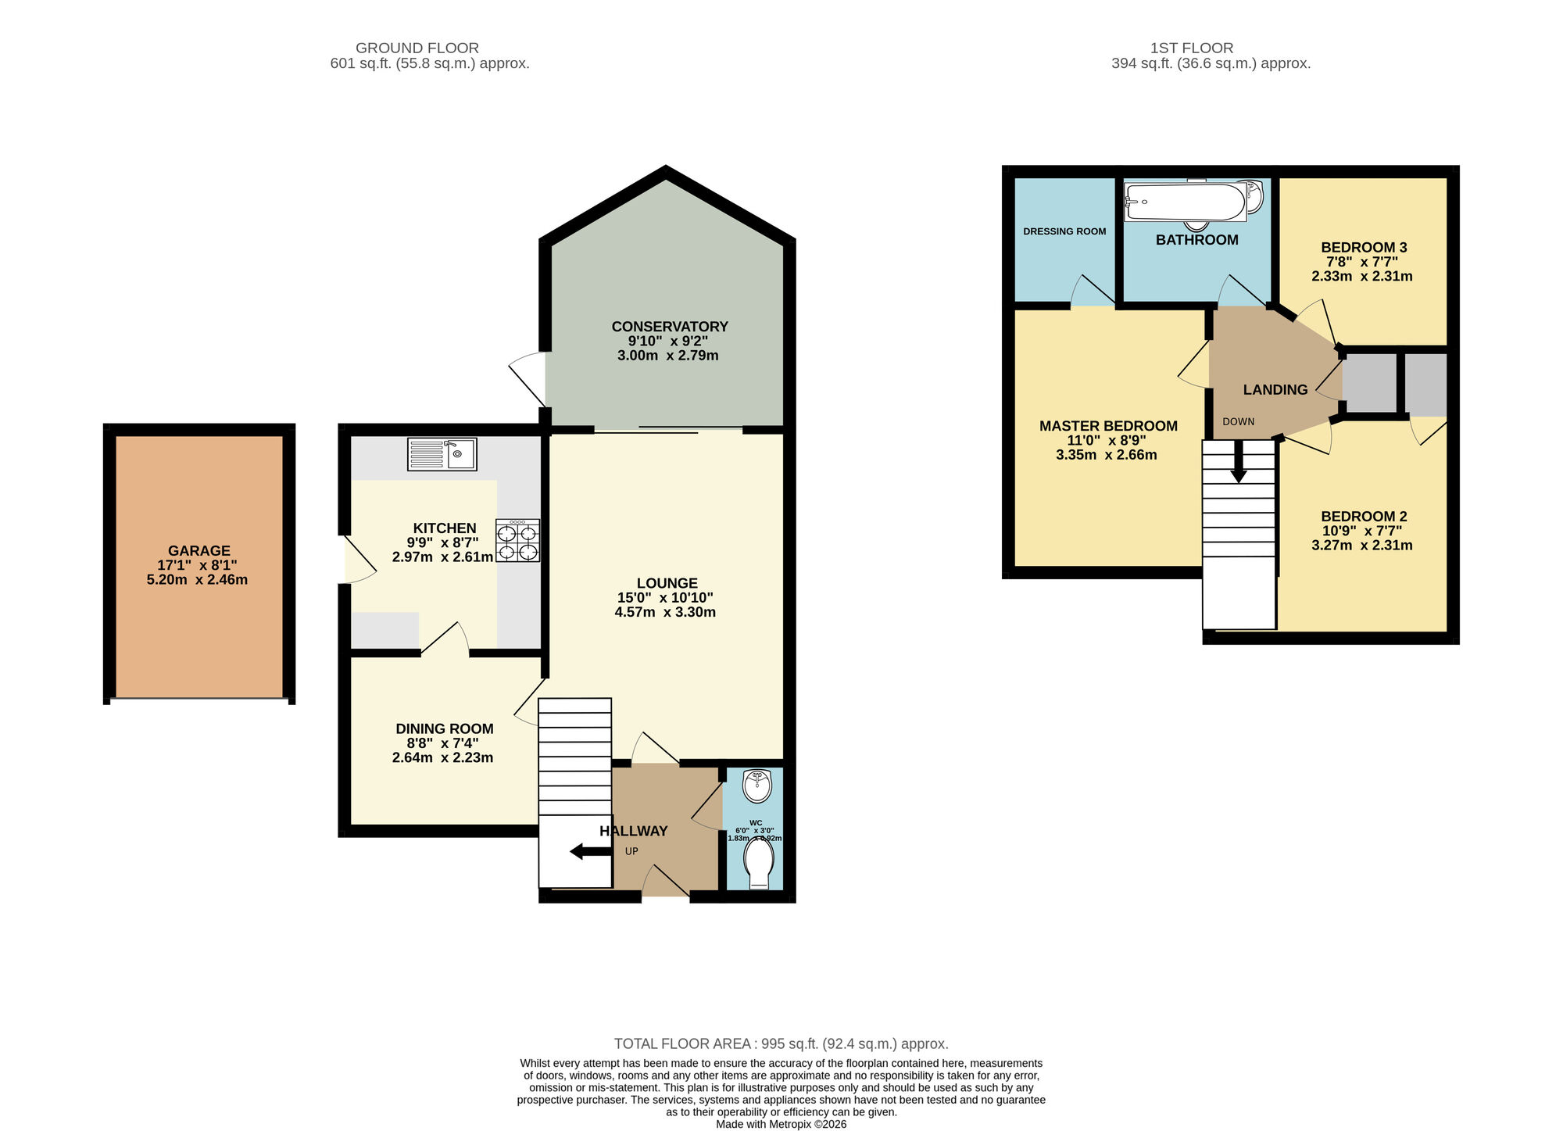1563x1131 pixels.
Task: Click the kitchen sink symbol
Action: [x=442, y=454]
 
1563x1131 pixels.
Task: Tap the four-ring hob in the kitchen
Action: [x=517, y=541]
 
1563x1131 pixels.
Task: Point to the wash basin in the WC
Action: [x=757, y=786]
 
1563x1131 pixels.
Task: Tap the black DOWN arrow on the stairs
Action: [x=1239, y=463]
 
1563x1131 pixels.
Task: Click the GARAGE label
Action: [x=199, y=550]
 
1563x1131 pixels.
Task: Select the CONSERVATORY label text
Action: [x=669, y=327]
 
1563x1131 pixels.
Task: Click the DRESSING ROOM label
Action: [x=1064, y=231]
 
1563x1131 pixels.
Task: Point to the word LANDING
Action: [x=1275, y=389]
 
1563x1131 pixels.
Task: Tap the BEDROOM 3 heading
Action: [x=1363, y=247]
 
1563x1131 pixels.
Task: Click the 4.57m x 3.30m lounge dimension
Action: [x=664, y=612]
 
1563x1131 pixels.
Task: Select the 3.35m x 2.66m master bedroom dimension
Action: [x=1106, y=455]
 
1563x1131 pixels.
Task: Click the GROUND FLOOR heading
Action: [x=417, y=48]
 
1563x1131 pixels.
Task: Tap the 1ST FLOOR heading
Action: [x=1191, y=48]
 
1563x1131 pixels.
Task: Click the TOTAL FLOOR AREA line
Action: [x=781, y=1043]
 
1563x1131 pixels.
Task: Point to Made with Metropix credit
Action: [x=781, y=1124]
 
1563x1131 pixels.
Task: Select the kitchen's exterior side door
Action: [x=359, y=560]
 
